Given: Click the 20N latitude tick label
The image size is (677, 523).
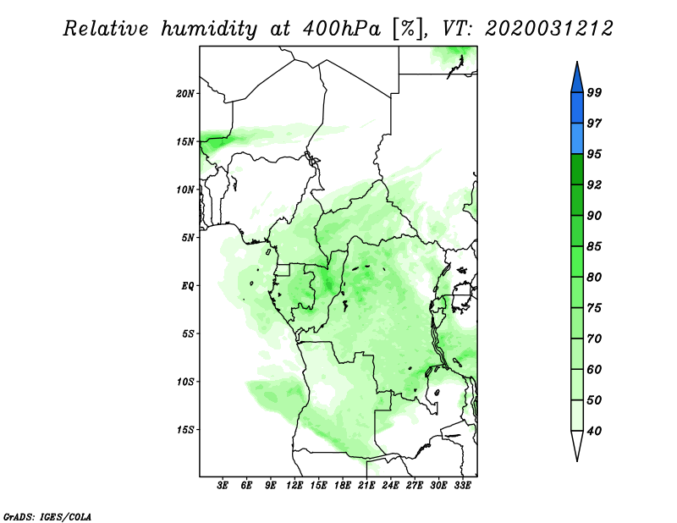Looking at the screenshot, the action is (185, 94).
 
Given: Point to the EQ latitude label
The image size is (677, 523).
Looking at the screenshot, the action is (188, 286).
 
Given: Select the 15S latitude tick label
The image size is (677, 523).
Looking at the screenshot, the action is (185, 430).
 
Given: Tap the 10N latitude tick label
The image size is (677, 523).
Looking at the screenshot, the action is (185, 190).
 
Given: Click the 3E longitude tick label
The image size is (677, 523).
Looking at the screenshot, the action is (223, 486).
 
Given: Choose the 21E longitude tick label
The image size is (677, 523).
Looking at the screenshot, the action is (366, 486).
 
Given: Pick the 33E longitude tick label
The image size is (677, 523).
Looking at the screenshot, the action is (462, 486).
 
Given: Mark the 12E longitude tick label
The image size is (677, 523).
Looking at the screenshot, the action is (294, 486).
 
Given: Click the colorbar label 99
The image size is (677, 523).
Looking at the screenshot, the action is (594, 92).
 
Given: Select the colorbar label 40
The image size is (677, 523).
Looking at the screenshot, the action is (594, 431).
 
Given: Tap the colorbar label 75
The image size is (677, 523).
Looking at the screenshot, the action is (594, 308).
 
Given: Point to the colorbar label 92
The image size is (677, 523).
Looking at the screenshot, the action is (594, 184).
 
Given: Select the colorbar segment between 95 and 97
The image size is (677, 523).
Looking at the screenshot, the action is (577, 139).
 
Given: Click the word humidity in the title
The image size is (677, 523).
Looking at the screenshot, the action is (209, 30).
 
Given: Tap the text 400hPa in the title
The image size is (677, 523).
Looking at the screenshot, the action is (342, 30).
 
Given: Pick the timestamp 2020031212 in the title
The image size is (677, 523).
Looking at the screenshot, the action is (548, 29).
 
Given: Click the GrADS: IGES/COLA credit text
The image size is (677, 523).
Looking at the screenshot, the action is (47, 517).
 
